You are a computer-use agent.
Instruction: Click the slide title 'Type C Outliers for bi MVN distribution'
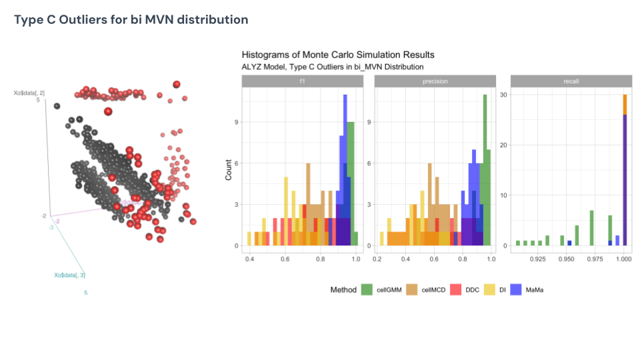click(131, 20)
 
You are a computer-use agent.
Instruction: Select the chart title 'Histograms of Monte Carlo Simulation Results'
click(338, 55)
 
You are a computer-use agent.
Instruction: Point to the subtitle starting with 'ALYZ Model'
click(332, 67)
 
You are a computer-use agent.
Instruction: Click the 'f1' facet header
click(302, 81)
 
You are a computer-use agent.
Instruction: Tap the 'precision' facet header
click(435, 81)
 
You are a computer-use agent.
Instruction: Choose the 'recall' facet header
click(570, 81)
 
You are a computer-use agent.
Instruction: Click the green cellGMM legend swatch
click(367, 290)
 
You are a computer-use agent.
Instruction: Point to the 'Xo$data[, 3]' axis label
click(69, 275)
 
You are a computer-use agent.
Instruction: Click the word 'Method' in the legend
click(343, 290)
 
